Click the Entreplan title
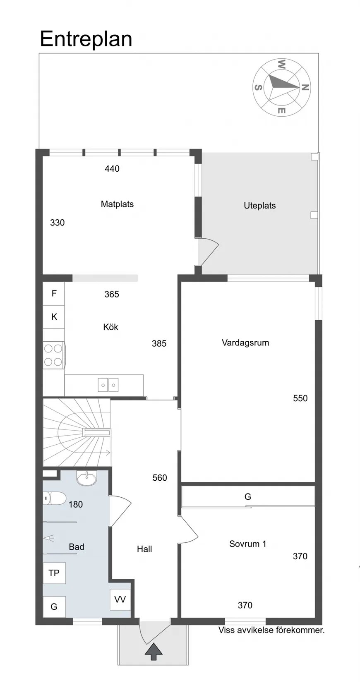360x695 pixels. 86,39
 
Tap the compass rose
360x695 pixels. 281,87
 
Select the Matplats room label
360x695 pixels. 118,204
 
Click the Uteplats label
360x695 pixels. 260,206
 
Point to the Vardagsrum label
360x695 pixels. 245,343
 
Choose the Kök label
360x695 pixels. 111,327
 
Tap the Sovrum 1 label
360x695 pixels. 247,544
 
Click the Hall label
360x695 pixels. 145,549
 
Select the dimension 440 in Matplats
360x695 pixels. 112,168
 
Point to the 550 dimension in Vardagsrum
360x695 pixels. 300,398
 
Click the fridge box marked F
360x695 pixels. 54,294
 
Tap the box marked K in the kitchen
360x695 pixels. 54,317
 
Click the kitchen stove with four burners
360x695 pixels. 54,355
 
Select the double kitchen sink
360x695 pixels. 108,385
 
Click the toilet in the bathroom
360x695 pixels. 54,498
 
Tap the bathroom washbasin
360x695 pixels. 86,478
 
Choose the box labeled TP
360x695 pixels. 54,573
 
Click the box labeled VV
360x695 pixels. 120,599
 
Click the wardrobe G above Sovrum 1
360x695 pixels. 247,496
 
